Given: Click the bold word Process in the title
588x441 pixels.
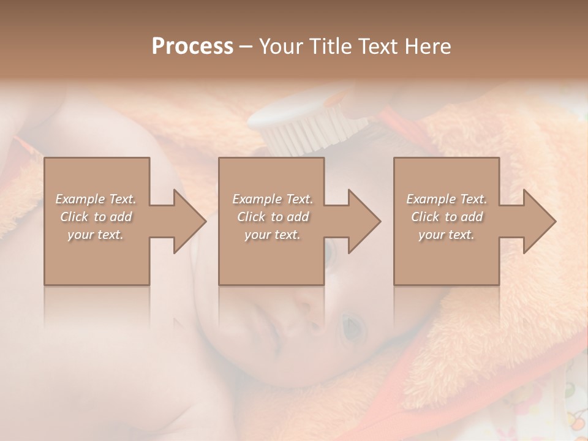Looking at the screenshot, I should pos(192,46).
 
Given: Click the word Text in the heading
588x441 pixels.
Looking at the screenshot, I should pos(380,46).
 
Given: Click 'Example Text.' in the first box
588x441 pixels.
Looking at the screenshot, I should pos(96,199).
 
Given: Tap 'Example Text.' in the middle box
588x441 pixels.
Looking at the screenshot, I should pos(272,199).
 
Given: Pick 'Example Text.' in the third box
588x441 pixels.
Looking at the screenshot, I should pos(447,199).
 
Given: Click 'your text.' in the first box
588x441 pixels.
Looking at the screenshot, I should pos(96,235).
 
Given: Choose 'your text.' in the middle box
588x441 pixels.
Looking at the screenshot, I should pos(272,235).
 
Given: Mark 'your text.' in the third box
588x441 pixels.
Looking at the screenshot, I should pos(447,235).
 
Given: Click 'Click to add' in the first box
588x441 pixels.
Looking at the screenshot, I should pos(96,217).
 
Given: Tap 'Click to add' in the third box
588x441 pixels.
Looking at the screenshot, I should pos(447,217).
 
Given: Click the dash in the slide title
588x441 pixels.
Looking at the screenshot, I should pos(246,47).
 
